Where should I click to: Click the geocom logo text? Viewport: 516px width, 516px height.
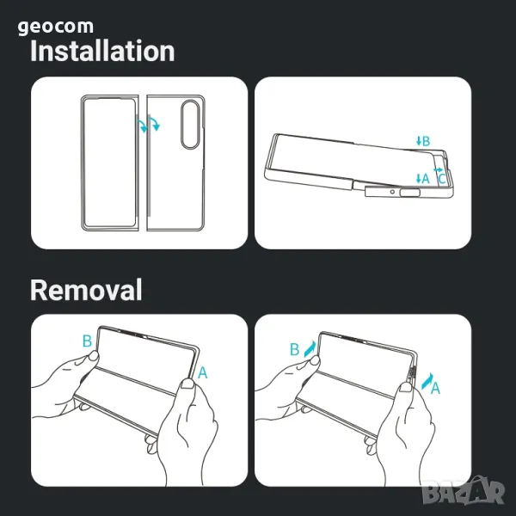tap(56, 27)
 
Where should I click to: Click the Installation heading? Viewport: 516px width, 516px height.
tap(102, 51)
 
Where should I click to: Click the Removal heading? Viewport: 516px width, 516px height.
tap(86, 290)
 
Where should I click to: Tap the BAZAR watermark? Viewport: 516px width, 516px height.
tap(464, 491)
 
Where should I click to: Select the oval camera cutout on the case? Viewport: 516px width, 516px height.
tap(190, 125)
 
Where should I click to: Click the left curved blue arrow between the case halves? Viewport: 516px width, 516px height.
tap(142, 126)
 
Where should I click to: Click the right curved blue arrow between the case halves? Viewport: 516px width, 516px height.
tap(154, 124)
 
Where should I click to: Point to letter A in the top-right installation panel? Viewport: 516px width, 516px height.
tap(426, 179)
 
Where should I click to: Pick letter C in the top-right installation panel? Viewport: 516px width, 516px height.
tap(442, 180)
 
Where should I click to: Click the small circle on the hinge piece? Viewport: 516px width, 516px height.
tap(392, 192)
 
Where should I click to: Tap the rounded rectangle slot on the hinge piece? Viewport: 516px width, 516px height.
tap(410, 193)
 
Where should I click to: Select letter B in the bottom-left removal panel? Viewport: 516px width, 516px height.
tap(87, 341)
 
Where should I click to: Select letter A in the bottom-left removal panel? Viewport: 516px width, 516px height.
tap(203, 373)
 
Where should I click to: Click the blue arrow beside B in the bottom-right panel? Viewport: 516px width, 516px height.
tap(310, 349)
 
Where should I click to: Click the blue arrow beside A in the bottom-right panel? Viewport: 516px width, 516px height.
tap(427, 381)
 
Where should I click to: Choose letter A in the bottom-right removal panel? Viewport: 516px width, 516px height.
tap(435, 389)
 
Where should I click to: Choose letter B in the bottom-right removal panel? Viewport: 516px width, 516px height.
tap(294, 349)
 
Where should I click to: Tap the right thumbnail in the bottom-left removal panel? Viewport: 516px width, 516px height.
tap(187, 383)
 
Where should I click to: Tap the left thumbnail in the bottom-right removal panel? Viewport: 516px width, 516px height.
tap(315, 360)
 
